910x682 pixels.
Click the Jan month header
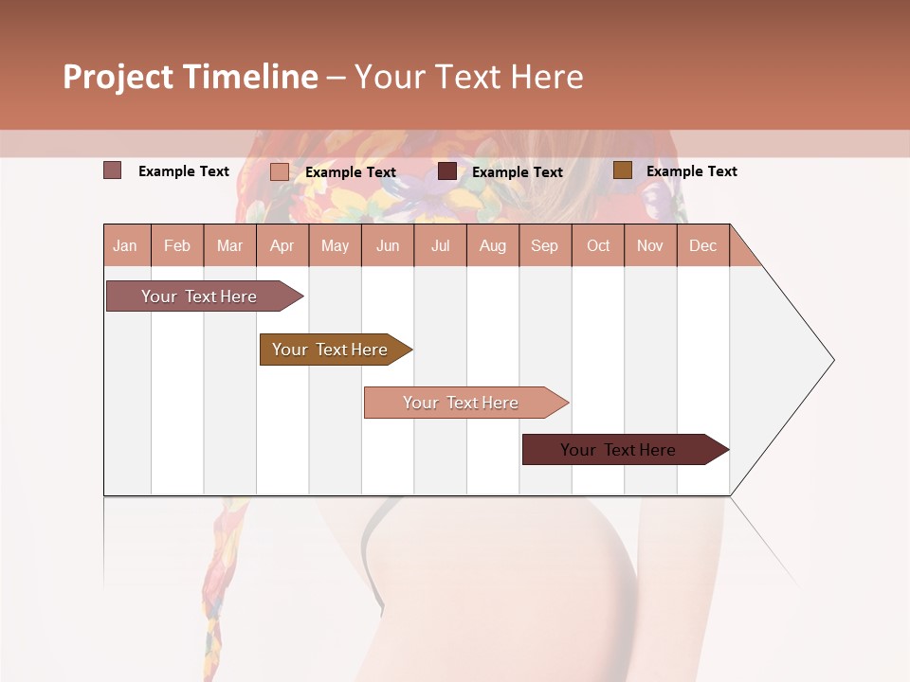(126, 245)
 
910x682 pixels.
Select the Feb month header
(177, 245)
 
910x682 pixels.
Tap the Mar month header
(229, 245)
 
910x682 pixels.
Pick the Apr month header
(282, 245)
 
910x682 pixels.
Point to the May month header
(335, 245)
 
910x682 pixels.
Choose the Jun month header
(388, 245)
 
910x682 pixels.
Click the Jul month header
(440, 245)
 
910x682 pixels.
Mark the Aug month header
(493, 245)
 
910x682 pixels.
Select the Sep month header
(545, 245)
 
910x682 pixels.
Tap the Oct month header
(598, 245)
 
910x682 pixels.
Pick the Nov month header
(650, 245)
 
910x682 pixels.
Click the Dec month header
(703, 245)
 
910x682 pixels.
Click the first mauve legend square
(113, 170)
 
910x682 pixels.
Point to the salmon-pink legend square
(280, 171)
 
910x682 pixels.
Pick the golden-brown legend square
(623, 170)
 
